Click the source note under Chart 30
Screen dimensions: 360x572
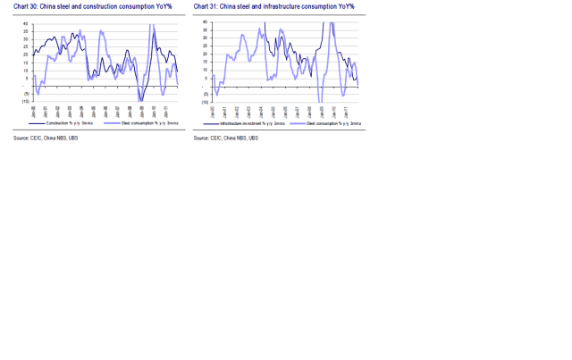46,138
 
